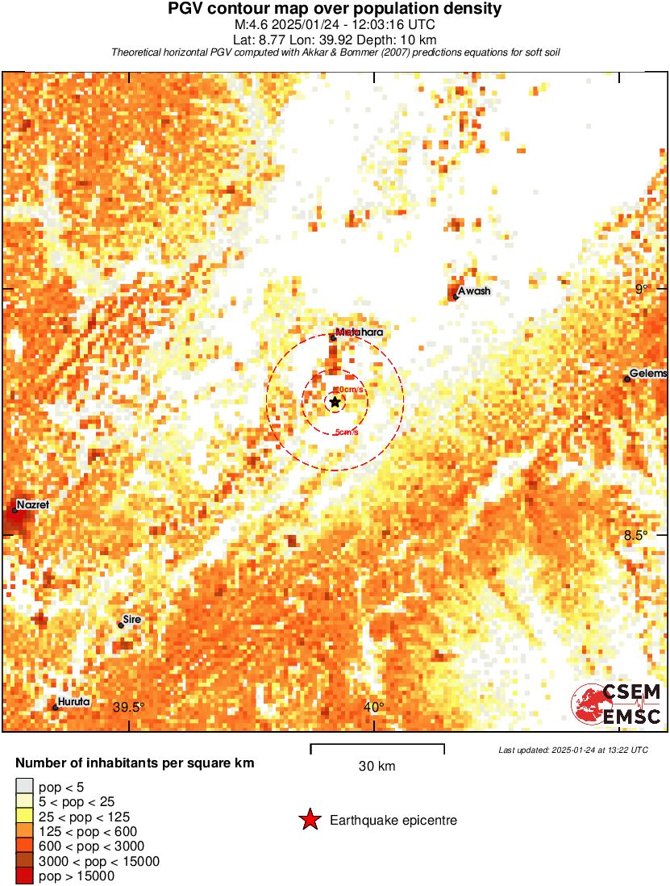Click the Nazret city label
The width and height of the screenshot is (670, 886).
pos(33,504)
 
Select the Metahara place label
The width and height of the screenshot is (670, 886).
pos(359,332)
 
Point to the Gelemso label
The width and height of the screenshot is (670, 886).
pos(648,373)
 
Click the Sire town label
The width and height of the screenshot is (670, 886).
pos(131,619)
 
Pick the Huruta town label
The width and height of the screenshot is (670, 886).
pos(73,702)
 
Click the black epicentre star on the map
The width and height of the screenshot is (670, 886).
pos(335,402)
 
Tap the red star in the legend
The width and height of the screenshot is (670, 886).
pos(309,821)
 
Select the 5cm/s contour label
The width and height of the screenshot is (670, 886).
pos(347,433)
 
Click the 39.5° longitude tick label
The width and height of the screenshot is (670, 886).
pos(129,708)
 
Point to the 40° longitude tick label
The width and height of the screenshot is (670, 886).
pos(373,708)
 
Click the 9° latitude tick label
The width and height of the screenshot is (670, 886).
pos(642,289)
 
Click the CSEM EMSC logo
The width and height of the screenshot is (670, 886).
pos(617,704)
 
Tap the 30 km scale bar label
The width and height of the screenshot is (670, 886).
pos(377,767)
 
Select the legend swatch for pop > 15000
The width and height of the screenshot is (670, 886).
pos(24,876)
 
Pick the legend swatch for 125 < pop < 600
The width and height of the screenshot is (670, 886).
pos(24,831)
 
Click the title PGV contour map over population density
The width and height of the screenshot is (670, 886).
pos(335,9)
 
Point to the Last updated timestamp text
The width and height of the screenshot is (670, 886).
pos(573,750)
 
